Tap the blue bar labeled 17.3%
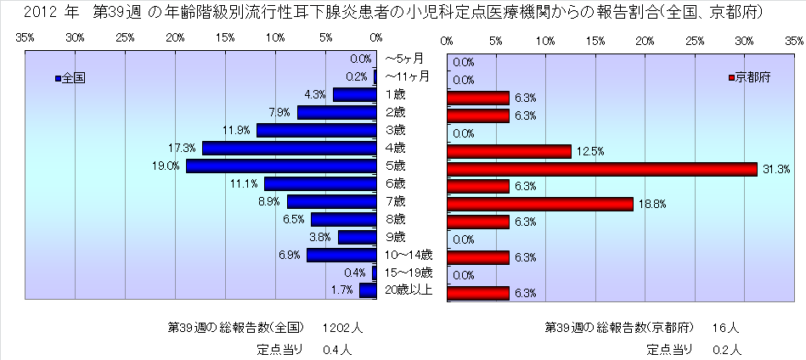290,148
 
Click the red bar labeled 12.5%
509,151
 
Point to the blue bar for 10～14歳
342,255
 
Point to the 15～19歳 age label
409,273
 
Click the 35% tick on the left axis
25,39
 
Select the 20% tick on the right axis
645,40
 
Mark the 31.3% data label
776,170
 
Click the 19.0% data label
165,166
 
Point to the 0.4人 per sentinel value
337,348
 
